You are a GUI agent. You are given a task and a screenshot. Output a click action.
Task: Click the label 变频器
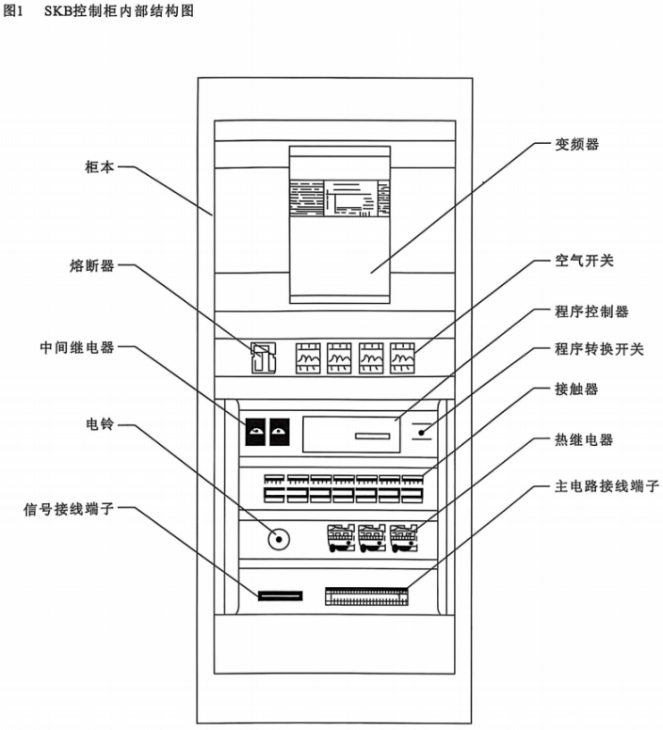(576, 144)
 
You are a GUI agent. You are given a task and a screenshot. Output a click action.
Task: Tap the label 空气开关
(584, 261)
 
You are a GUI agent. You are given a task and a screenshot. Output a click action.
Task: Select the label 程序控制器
(591, 311)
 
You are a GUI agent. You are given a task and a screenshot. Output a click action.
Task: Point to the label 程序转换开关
(599, 349)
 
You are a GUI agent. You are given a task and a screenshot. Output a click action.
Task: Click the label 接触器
(576, 389)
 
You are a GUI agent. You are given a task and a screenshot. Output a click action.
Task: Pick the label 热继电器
(584, 439)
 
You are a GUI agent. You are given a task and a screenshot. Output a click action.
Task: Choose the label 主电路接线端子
(606, 486)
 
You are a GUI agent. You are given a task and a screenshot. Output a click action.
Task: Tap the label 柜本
(100, 167)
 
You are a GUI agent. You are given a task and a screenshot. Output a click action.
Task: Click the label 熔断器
(92, 265)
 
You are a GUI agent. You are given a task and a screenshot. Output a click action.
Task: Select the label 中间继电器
(77, 347)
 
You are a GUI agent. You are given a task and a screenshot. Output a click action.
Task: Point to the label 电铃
(100, 423)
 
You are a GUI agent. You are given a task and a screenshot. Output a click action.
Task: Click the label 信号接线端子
(69, 509)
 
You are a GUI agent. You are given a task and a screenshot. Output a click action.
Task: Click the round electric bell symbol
(279, 540)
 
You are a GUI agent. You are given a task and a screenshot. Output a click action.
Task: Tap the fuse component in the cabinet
(264, 357)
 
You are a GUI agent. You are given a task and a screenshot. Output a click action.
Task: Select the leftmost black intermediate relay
(255, 432)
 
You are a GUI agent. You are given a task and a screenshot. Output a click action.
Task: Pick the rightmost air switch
(402, 357)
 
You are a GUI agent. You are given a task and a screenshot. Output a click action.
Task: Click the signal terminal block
(281, 595)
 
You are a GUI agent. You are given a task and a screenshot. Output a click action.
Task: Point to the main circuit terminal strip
(366, 596)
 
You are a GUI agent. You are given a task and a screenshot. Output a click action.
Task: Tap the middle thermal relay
(372, 538)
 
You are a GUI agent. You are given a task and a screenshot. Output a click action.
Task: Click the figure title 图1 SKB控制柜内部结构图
(99, 10)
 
